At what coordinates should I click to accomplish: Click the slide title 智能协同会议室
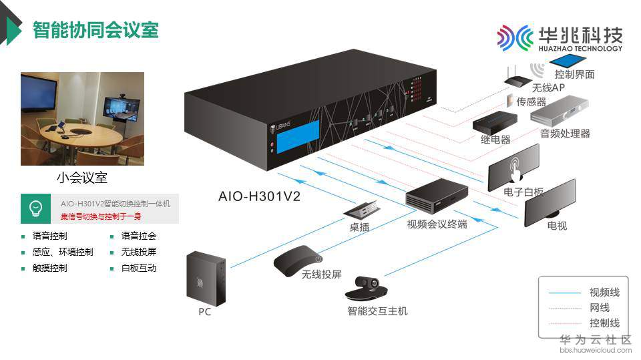click(95, 30)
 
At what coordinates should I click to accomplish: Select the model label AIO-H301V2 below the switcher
click(259, 196)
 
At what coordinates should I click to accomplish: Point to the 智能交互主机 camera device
click(367, 289)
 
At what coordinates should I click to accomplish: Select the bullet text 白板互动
click(139, 268)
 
